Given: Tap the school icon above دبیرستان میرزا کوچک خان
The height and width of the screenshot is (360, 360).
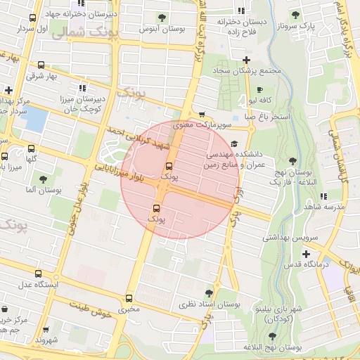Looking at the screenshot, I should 82,89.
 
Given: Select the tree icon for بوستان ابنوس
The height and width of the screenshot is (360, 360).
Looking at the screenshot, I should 162,18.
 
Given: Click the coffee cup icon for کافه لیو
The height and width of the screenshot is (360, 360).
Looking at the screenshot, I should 259,90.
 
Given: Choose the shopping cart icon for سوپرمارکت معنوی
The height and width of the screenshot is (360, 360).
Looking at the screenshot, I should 202,115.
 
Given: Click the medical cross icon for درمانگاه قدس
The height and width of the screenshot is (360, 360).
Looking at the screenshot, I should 306,254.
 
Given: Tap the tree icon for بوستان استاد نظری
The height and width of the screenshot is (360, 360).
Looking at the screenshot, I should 209,293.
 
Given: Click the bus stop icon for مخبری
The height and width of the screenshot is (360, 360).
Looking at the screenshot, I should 129,299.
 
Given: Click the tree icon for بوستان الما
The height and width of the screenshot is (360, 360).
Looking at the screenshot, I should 43,180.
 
